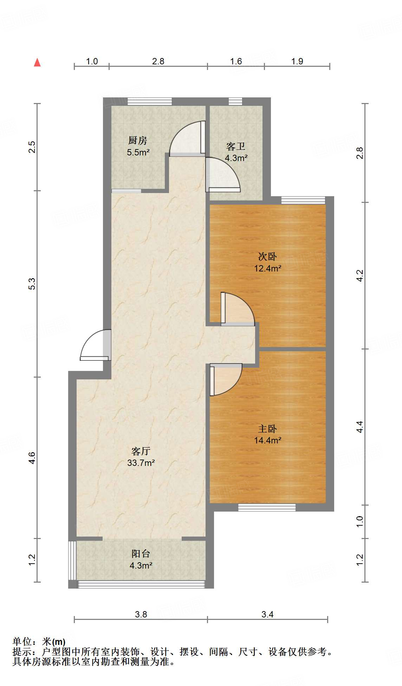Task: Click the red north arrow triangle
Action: [37, 62]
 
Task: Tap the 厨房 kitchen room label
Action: [137, 141]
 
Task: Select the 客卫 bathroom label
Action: [236, 146]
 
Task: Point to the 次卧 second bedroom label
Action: [267, 257]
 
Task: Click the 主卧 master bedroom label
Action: [267, 429]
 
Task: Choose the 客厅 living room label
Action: [141, 451]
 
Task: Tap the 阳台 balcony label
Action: [141, 554]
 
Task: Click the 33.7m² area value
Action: [141, 463]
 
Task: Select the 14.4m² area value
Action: [268, 440]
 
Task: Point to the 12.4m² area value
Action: [268, 268]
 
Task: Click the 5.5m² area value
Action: [138, 152]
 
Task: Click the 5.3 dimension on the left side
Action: [32, 284]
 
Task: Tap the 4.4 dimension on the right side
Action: [359, 427]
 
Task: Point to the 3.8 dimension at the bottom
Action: [141, 614]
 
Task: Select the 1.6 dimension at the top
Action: [236, 61]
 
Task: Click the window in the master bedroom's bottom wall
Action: [267, 507]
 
